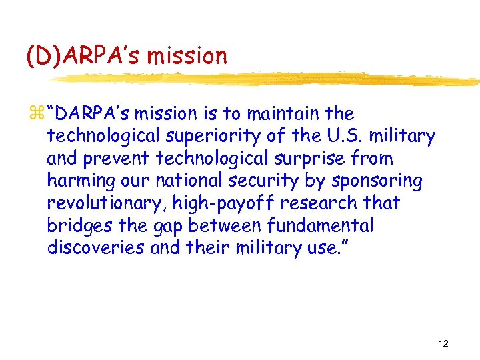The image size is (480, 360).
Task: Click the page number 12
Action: click(443, 343)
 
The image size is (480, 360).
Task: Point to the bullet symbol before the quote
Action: click(37, 115)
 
